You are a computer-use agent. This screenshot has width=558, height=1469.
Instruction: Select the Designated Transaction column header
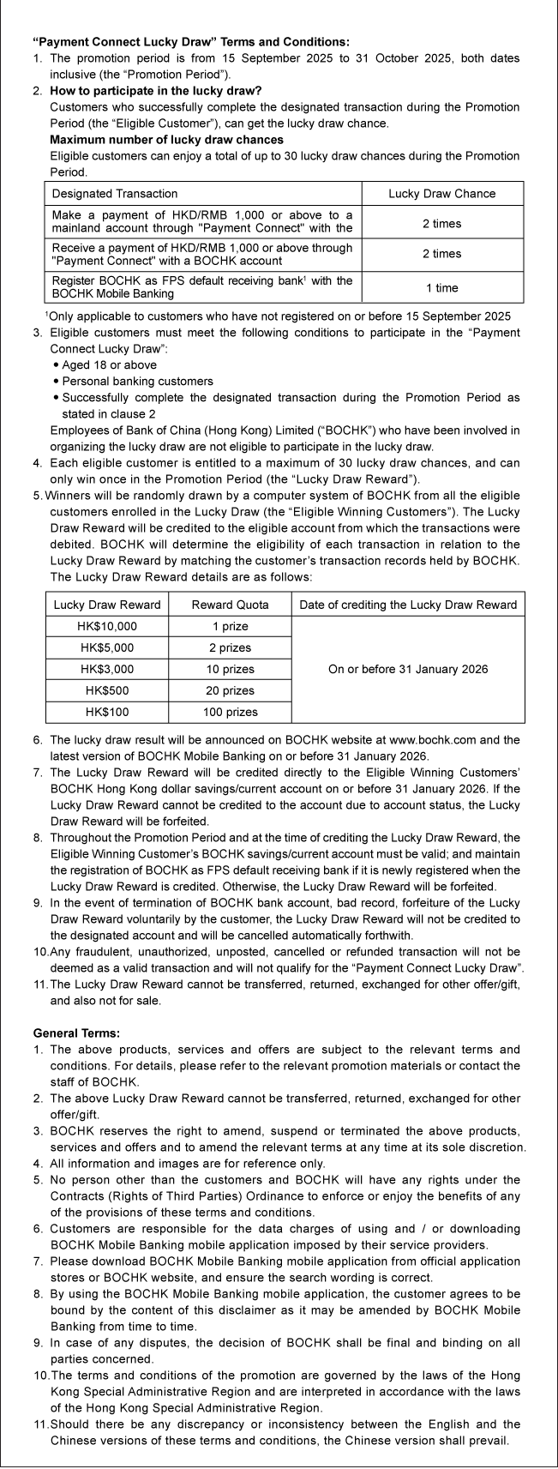pyautogui.click(x=116, y=194)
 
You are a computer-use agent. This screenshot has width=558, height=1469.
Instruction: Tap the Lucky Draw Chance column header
pyautogui.click(x=441, y=194)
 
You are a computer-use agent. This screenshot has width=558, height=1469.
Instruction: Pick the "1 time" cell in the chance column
pyautogui.click(x=441, y=288)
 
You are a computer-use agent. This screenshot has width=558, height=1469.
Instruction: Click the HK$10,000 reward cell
pyautogui.click(x=107, y=626)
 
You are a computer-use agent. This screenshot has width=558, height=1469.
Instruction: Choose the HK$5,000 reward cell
pyautogui.click(x=107, y=647)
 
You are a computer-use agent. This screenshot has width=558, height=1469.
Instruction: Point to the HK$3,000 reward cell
pyautogui.click(x=107, y=669)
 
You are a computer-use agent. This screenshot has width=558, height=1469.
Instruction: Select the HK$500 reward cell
pyautogui.click(x=107, y=690)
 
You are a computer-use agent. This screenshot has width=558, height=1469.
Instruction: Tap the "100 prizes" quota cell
pyautogui.click(x=230, y=712)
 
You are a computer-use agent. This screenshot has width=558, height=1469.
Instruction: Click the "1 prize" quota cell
pyautogui.click(x=230, y=626)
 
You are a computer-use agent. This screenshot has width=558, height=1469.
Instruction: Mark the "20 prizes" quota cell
pyautogui.click(x=230, y=690)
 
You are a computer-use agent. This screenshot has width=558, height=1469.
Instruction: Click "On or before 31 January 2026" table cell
pyautogui.click(x=408, y=669)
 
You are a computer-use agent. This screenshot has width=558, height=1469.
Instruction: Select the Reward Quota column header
pyautogui.click(x=230, y=605)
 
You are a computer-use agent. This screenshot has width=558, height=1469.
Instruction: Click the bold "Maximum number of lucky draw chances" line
pyautogui.click(x=166, y=140)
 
